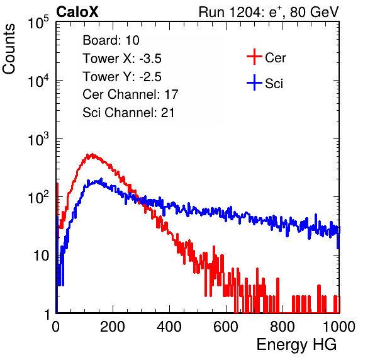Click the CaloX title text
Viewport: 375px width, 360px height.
pyautogui.click(x=77, y=12)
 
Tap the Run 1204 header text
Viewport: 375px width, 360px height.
pyautogui.click(x=269, y=12)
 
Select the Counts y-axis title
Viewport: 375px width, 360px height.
pyautogui.click(x=9, y=49)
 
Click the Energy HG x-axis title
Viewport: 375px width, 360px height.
pyautogui.click(x=296, y=345)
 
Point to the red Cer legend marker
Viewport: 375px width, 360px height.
pyautogui.click(x=254, y=57)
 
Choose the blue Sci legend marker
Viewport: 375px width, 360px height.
pyautogui.click(x=254, y=83)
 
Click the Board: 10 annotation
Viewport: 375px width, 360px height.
pyautogui.click(x=111, y=40)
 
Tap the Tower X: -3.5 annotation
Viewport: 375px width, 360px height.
pyautogui.click(x=122, y=59)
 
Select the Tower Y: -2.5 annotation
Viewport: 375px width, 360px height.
pyautogui.click(x=122, y=77)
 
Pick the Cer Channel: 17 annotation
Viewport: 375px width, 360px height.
pyautogui.click(x=130, y=94)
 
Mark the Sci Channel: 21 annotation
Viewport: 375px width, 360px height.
pyautogui.click(x=128, y=113)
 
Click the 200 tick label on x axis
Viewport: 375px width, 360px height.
pyautogui.click(x=113, y=327)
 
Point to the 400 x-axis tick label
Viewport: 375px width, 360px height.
pyautogui.click(x=169, y=327)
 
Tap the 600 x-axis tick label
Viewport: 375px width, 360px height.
pyautogui.click(x=226, y=327)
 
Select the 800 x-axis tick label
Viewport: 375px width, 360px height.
pyautogui.click(x=283, y=327)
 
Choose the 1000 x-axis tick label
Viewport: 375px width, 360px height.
pyautogui.click(x=339, y=327)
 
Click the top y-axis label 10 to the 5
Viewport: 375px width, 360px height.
pyautogui.click(x=38, y=22)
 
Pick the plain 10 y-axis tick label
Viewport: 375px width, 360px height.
pyautogui.click(x=41, y=256)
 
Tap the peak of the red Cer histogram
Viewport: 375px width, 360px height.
pyautogui.click(x=92, y=154)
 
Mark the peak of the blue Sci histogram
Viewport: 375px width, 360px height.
pyautogui.click(x=101, y=179)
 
